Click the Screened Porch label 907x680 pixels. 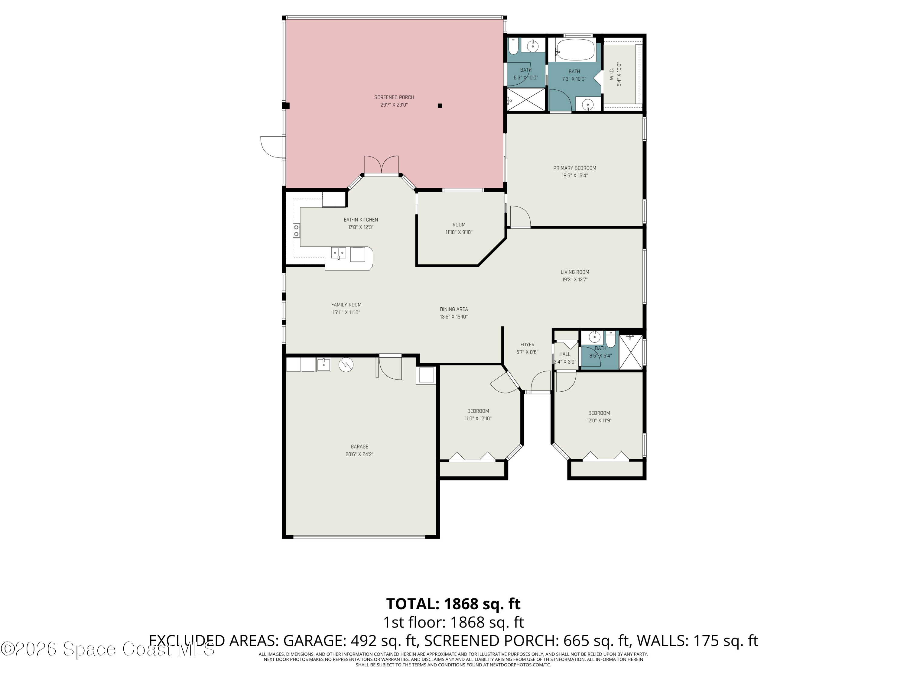point(394,97)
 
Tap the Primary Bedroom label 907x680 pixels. point(574,168)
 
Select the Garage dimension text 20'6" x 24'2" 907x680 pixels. point(359,454)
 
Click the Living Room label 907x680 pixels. point(575,272)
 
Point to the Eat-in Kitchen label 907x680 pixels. point(361,220)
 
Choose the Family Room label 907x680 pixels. point(346,305)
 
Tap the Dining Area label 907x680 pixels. point(453,309)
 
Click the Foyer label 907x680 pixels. point(527,345)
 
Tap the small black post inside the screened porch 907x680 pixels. point(440,106)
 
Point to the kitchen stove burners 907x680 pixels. point(296,231)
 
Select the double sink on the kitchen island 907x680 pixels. point(338,253)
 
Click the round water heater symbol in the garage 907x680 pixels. point(346,365)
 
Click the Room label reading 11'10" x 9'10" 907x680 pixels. point(459,225)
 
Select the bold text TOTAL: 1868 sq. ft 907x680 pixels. point(453,604)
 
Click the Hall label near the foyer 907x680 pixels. point(565,354)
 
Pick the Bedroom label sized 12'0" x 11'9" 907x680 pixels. point(599,413)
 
